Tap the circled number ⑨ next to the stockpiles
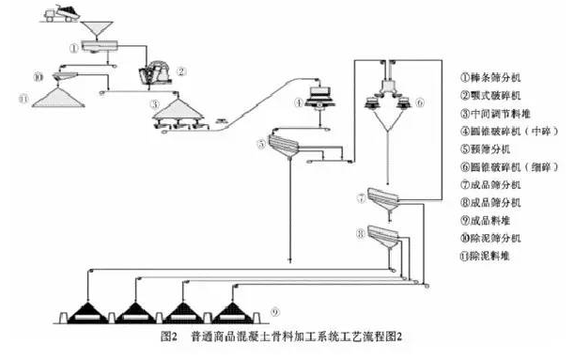click(x=274, y=311)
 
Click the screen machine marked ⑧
click(x=385, y=233)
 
